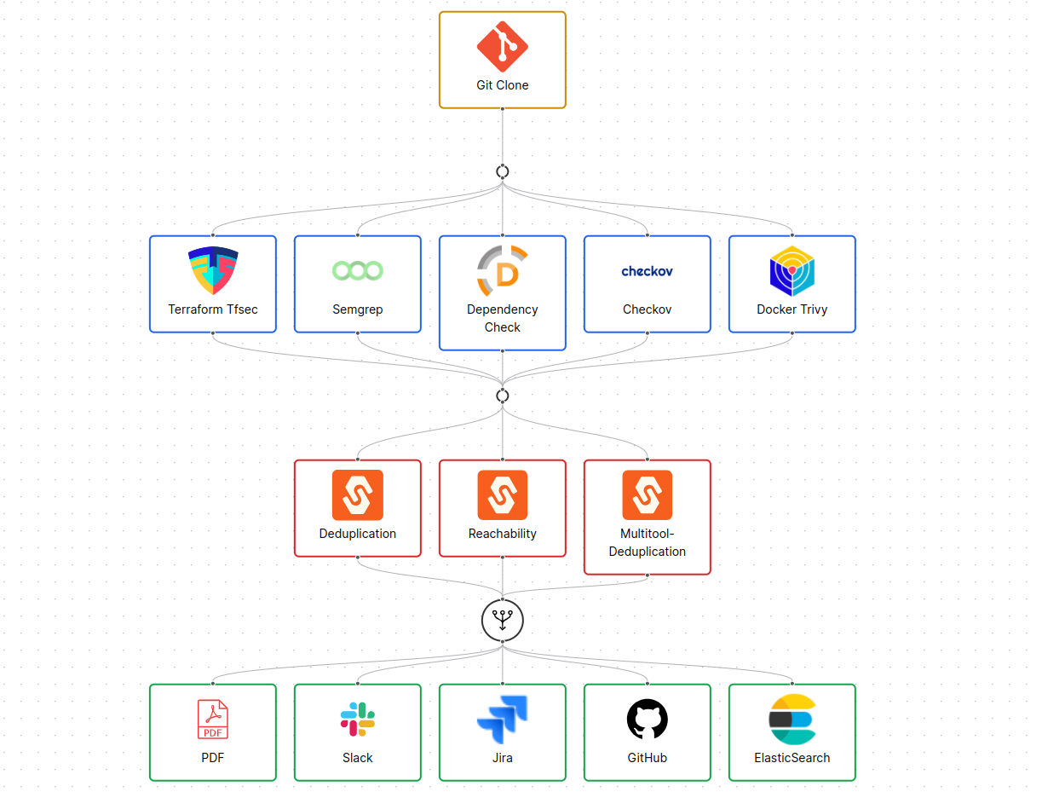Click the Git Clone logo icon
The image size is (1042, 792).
click(502, 47)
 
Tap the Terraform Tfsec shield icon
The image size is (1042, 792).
click(213, 270)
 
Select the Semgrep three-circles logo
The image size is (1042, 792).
click(358, 271)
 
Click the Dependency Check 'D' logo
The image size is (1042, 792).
click(503, 271)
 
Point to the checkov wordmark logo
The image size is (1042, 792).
click(648, 271)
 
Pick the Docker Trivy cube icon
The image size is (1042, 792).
click(792, 271)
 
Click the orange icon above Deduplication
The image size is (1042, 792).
click(358, 494)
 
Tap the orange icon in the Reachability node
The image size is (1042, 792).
click(503, 494)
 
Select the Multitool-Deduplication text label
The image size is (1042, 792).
click(648, 542)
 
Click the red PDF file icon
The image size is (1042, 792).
click(213, 720)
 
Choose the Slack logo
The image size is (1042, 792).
click(358, 720)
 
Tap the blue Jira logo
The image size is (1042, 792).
click(503, 720)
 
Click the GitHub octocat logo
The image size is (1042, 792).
click(648, 720)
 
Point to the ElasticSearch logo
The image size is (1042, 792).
click(792, 720)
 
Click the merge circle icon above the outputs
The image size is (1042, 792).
click(503, 620)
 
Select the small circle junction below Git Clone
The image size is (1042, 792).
click(503, 171)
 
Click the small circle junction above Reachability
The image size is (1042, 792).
click(503, 396)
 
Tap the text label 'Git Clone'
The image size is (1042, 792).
click(503, 85)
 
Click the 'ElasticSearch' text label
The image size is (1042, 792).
click(792, 758)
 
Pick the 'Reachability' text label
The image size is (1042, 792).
click(503, 534)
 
